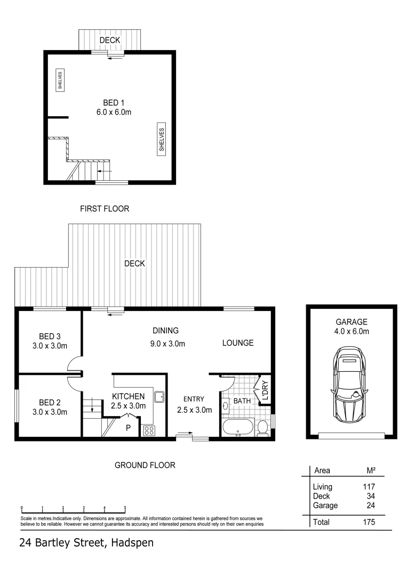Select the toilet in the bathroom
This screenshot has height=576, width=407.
262,428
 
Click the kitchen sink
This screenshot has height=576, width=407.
159,396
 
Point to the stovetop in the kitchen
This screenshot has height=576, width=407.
148,430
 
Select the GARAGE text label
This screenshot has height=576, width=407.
352,322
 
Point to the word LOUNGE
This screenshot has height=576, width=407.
238,343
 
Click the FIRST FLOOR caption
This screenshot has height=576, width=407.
105,209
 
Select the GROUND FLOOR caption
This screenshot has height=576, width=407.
145,465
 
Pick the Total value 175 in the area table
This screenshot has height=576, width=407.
368,522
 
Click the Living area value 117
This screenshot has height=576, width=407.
368,486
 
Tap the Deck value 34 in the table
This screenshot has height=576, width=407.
370,496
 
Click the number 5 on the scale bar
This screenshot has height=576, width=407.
125,508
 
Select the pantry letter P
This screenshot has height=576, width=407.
128,428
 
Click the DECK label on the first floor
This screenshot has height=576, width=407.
109,40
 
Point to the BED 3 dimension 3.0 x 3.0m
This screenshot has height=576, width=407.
50,346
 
